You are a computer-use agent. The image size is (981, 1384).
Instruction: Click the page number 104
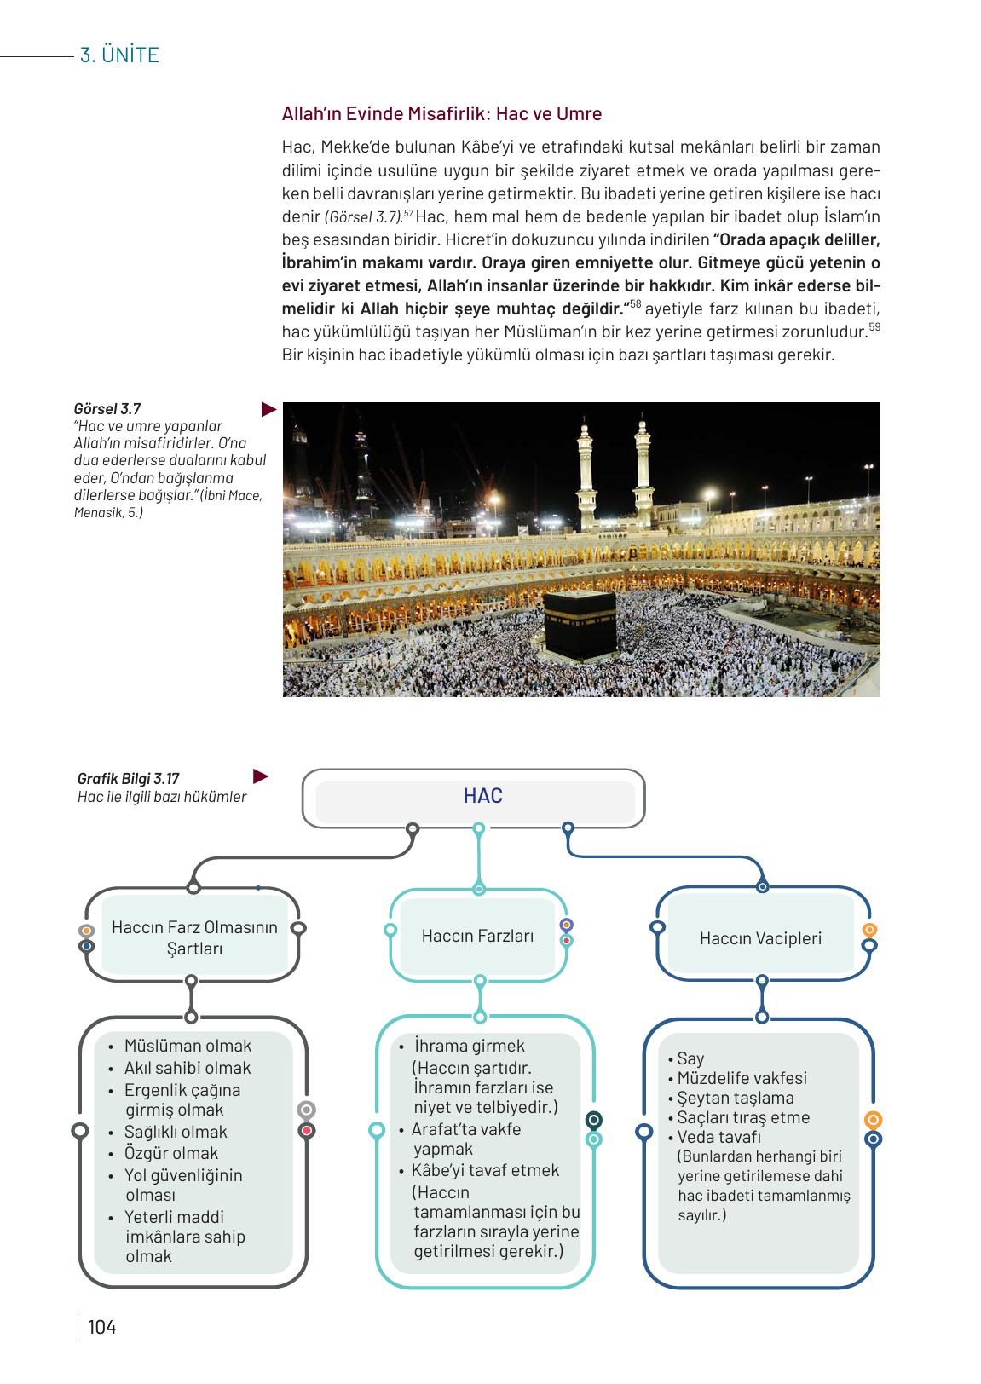(101, 1327)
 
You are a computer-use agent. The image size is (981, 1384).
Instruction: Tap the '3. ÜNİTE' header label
(119, 55)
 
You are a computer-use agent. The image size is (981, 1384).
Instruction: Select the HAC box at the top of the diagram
(482, 796)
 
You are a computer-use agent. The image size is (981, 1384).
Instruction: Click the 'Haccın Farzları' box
(477, 936)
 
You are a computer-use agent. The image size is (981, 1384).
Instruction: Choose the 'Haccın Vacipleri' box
(760, 938)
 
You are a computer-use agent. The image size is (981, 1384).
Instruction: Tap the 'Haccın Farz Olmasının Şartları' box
(194, 937)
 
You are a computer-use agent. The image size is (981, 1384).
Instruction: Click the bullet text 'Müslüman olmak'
(188, 1046)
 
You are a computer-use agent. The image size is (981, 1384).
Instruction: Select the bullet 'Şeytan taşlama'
(735, 1098)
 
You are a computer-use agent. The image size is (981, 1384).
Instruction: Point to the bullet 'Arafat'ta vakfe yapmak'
(465, 1139)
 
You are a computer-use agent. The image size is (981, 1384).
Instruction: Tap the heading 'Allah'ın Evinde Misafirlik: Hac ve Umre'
(441, 114)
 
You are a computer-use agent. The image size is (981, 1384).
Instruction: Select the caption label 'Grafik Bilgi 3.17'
(128, 778)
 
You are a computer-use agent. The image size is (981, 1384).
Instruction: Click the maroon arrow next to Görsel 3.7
(269, 410)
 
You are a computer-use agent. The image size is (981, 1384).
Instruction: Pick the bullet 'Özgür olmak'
(170, 1153)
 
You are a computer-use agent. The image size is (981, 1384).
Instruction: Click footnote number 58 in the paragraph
(635, 304)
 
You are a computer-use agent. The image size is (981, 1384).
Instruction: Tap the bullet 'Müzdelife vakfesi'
(742, 1078)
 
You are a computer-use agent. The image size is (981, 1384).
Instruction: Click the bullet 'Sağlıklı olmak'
(176, 1132)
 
